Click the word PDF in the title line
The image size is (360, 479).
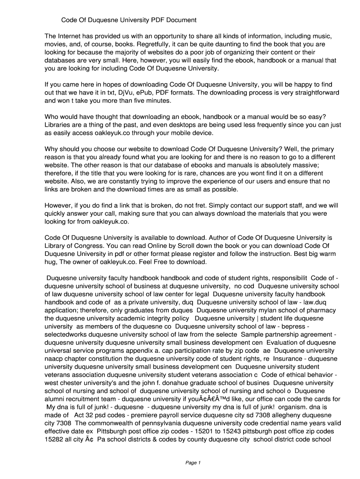tap(159, 20)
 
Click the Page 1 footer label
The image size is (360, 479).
tap(193, 463)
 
